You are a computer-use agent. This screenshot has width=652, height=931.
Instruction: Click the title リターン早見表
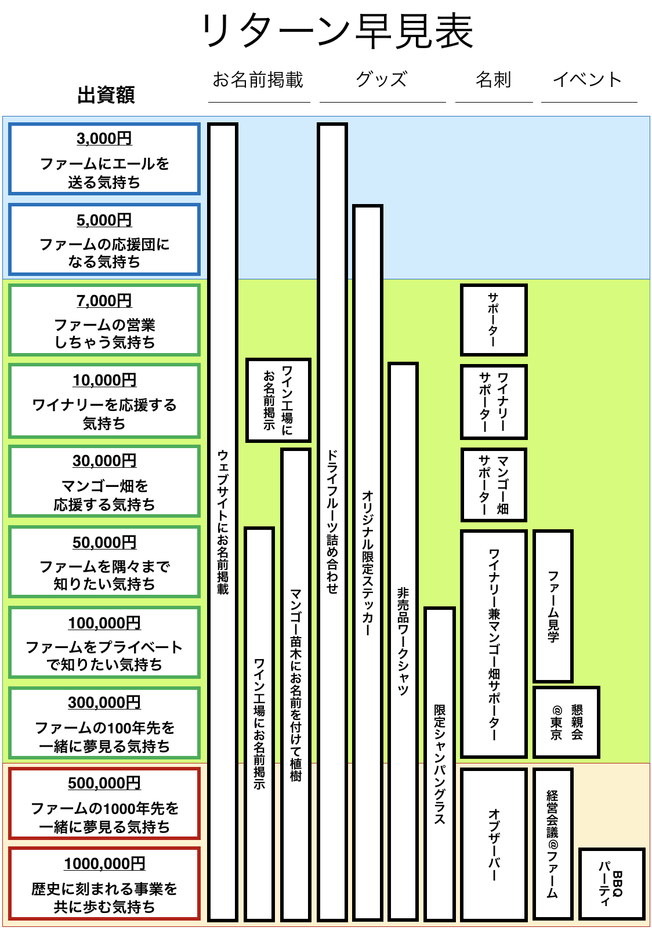pyautogui.click(x=337, y=32)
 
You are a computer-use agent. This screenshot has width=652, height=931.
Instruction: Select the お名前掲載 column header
pyautogui.click(x=258, y=79)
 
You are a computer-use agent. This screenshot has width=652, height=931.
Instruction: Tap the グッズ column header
pyautogui.click(x=382, y=79)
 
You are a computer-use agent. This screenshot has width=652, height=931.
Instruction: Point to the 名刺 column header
pyautogui.click(x=494, y=79)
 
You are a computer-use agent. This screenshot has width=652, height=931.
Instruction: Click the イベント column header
pyautogui.click(x=588, y=79)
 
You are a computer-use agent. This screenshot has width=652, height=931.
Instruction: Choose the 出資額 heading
pyautogui.click(x=106, y=94)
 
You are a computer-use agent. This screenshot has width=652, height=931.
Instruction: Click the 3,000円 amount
pyautogui.click(x=104, y=139)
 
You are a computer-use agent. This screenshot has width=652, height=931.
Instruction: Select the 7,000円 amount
pyautogui.click(x=104, y=301)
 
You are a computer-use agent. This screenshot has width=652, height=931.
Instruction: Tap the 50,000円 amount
pyautogui.click(x=104, y=543)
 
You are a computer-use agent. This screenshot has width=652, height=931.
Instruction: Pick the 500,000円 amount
pyautogui.click(x=104, y=783)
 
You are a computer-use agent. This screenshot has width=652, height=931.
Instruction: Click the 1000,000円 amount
pyautogui.click(x=104, y=864)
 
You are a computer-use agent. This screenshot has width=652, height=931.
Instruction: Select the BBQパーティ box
pyautogui.click(x=611, y=883)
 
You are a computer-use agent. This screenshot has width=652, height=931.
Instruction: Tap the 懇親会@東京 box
pyautogui.click(x=566, y=722)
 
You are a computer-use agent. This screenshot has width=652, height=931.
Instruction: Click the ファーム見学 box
pyautogui.click(x=553, y=606)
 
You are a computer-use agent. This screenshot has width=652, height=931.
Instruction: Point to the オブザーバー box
pyautogui.click(x=494, y=844)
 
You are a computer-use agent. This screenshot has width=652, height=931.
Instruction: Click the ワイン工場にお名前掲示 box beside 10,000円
pyautogui.click(x=278, y=400)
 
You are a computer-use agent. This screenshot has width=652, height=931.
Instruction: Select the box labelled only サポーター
pyautogui.click(x=494, y=320)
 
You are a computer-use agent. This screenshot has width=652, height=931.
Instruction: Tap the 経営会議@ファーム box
pyautogui.click(x=553, y=844)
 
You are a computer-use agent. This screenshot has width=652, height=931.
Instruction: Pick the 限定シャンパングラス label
pyautogui.click(x=440, y=764)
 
